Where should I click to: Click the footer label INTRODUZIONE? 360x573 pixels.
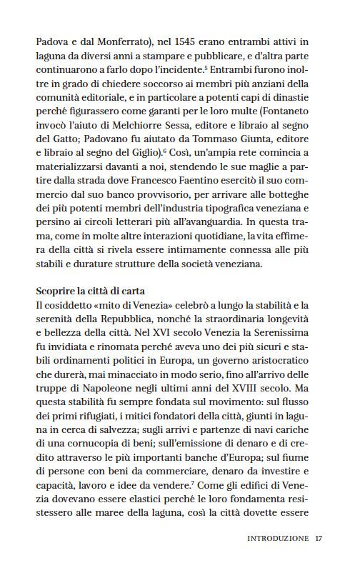pyautogui.click(x=278, y=539)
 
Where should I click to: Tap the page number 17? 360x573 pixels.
pyautogui.click(x=319, y=539)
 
